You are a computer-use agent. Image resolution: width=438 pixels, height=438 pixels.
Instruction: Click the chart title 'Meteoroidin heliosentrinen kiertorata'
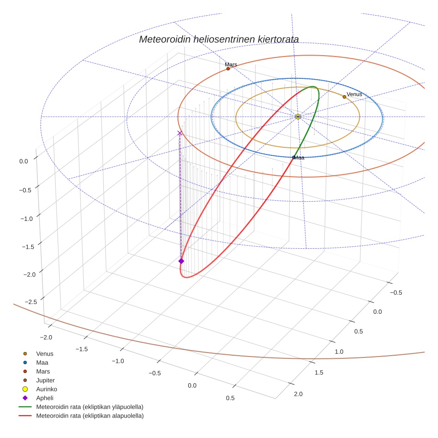click(219, 39)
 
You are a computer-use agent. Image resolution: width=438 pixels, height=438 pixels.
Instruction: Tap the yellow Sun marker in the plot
click(298, 117)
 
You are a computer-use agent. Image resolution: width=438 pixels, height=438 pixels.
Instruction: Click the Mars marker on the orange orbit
click(228, 69)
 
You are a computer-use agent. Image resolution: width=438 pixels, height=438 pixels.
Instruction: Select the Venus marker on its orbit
click(344, 97)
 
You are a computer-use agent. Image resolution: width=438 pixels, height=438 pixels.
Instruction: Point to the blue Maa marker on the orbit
click(293, 157)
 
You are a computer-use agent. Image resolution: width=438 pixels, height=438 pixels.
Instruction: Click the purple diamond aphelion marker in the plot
click(181, 261)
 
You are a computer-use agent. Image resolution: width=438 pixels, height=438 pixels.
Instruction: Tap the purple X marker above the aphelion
click(180, 133)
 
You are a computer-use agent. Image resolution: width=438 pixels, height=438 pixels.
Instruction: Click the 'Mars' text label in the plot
click(231, 65)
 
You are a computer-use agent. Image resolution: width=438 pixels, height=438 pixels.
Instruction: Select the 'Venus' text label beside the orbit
click(354, 94)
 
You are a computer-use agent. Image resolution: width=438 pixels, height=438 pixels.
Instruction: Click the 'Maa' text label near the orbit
click(299, 158)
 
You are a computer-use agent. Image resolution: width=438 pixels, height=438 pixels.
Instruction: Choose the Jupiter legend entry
click(45, 380)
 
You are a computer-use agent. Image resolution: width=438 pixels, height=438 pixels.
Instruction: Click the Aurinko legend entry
click(46, 389)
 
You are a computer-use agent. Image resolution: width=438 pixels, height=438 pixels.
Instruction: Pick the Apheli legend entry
click(45, 398)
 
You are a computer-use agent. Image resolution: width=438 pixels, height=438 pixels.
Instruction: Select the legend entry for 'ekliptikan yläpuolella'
click(89, 407)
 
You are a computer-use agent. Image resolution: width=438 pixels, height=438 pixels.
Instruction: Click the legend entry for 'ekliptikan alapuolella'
click(89, 416)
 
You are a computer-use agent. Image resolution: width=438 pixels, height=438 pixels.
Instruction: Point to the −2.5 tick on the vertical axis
click(30, 302)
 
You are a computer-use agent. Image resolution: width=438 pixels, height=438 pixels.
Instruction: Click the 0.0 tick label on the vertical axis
click(24, 162)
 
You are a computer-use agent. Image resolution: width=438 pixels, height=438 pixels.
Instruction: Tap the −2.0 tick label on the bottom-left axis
click(46, 338)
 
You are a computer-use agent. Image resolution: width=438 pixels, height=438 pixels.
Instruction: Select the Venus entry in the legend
click(45, 354)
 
